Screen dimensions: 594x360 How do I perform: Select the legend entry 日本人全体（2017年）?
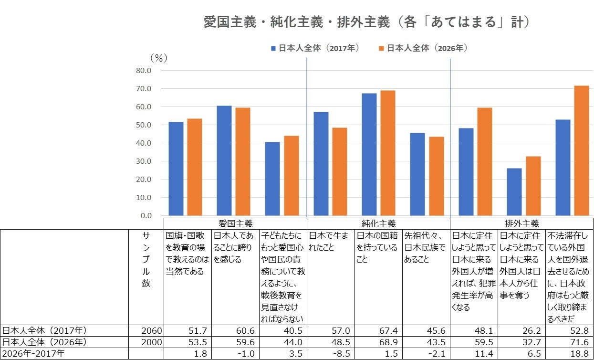[315, 48]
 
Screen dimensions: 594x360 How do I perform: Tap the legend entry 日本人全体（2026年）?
[423, 48]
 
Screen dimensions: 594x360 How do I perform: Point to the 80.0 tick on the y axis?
[144, 71]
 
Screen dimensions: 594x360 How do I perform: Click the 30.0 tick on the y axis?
[144, 161]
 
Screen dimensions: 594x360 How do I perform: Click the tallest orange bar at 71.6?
[581, 151]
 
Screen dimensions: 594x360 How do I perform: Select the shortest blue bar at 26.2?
[514, 192]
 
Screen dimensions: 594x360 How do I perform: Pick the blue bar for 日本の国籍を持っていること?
[369, 154]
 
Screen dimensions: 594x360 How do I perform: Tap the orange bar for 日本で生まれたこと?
[340, 171]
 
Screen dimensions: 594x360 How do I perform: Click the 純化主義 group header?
[378, 224]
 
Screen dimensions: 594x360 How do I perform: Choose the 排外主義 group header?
[521, 224]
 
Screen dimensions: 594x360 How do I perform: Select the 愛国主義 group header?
[236, 224]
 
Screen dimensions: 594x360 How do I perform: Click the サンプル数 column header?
[146, 259]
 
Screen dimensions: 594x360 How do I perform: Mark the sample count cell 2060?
[151, 331]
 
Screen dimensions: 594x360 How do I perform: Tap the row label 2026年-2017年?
[33, 354]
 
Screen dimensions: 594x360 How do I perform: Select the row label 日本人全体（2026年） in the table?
[44, 342]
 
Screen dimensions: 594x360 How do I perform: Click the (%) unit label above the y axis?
[159, 58]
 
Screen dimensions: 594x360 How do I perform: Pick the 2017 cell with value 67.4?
[388, 331]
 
